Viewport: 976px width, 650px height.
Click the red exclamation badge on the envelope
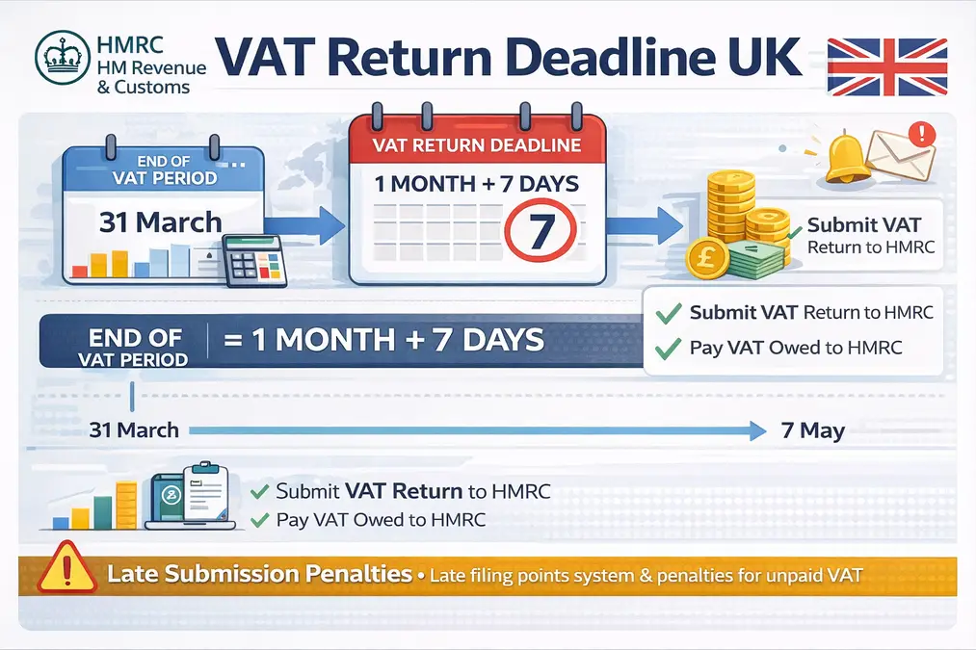coord(927,133)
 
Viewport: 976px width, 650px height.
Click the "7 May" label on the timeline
coord(813,430)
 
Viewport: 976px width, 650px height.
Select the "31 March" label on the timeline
coord(134,429)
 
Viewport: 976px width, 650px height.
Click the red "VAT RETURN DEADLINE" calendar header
coord(478,145)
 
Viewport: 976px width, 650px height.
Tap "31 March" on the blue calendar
coord(160,221)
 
